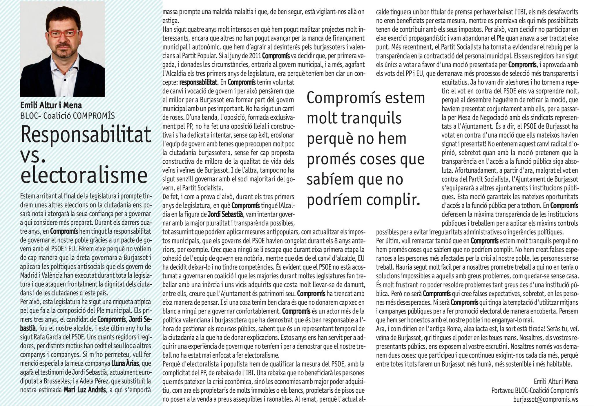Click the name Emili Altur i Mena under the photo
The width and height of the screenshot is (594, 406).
[x=51, y=105]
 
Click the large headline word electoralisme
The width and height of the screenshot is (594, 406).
[x=84, y=176]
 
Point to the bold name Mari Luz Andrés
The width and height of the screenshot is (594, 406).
[x=85, y=389]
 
